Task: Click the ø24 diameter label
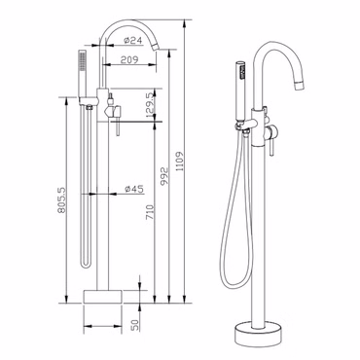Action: (x=133, y=41)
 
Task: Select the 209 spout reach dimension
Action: (x=129, y=59)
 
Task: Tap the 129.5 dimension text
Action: (x=150, y=105)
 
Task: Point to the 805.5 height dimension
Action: (x=61, y=199)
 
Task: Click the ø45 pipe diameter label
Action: (x=134, y=189)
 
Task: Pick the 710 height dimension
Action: (x=150, y=212)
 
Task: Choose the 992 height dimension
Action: (x=164, y=175)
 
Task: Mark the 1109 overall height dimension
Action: (x=180, y=162)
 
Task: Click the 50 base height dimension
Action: (x=135, y=324)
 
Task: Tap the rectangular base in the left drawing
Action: (x=103, y=297)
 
